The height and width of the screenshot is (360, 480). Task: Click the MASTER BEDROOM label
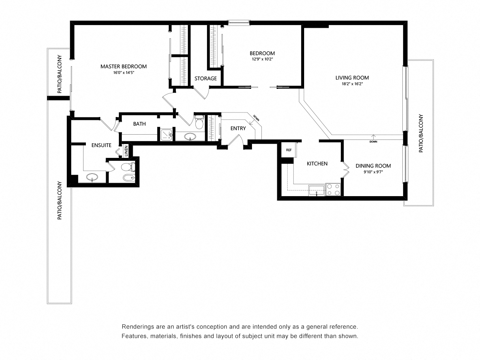pyautogui.click(x=123, y=66)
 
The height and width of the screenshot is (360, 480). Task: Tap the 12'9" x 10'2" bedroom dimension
pyautogui.click(x=262, y=59)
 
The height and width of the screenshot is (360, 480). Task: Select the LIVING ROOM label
pyautogui.click(x=352, y=78)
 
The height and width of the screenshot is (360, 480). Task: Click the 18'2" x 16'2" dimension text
pyautogui.click(x=352, y=84)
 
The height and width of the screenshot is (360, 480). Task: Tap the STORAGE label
pyautogui.click(x=205, y=78)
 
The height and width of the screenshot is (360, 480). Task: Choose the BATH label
pyautogui.click(x=139, y=124)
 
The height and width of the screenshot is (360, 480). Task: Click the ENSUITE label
pyautogui.click(x=101, y=145)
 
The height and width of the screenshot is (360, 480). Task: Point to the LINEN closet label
pyautogui.click(x=126, y=151)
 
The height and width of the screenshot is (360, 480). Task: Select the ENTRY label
pyautogui.click(x=238, y=128)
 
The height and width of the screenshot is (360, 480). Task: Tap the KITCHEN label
pyautogui.click(x=317, y=163)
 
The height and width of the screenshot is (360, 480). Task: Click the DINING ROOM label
pyautogui.click(x=373, y=166)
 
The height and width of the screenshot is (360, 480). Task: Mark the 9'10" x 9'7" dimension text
pyautogui.click(x=373, y=172)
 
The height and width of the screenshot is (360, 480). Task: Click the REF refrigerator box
pyautogui.click(x=289, y=150)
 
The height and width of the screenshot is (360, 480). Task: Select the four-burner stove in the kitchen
pyautogui.click(x=333, y=189)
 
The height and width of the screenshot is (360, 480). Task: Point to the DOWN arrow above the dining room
pyautogui.click(x=373, y=139)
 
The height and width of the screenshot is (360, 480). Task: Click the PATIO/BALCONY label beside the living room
pyautogui.click(x=421, y=133)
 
